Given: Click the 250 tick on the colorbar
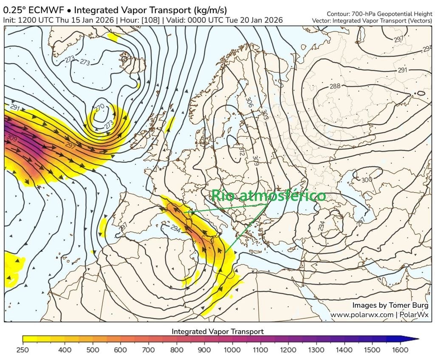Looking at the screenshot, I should coord(23,350).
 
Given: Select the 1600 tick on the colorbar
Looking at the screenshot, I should coord(401,350).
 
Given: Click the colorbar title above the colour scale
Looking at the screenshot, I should coord(217,331).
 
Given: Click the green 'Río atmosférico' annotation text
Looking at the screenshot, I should coord(269,196).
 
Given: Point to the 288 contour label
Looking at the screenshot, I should coord(335,86).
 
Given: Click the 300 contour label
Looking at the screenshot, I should coord(367,180).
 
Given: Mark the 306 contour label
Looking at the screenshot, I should coord(249,102).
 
